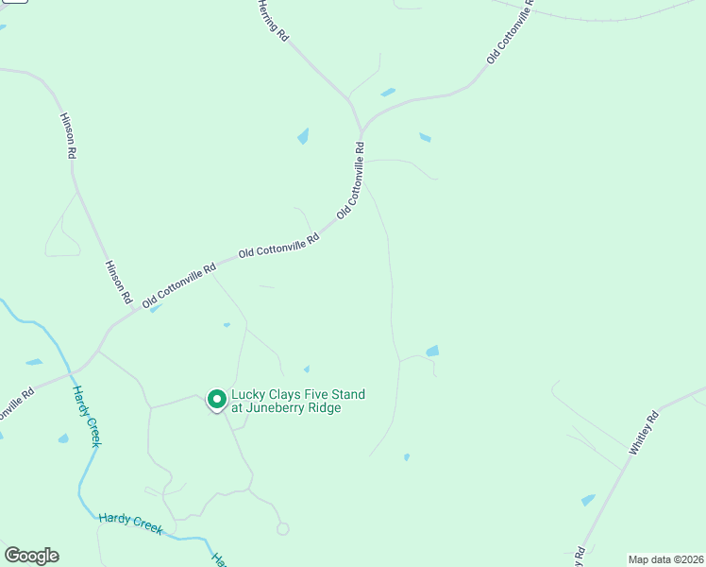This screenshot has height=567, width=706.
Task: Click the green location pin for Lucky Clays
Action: coord(216,400)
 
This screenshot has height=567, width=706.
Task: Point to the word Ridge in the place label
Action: coord(323,408)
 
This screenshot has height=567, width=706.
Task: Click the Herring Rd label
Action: coord(272,19)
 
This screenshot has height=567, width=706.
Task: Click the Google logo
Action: coord(31,556)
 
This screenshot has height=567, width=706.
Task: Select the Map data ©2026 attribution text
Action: coord(666,559)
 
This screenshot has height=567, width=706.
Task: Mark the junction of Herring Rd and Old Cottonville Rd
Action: coord(361,129)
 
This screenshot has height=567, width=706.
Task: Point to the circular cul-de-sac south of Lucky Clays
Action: coord(282,529)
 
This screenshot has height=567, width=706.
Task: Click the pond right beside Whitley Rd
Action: coord(588,500)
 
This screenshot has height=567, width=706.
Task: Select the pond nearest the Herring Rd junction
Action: coord(387,93)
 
